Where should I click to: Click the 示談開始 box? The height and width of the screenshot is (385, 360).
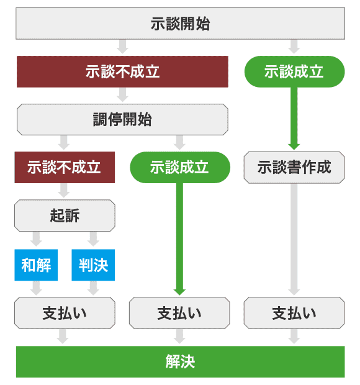pos(180,24)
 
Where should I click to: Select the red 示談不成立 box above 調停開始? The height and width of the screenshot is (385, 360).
pos(122,71)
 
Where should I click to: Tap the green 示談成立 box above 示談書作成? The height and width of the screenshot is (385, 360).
pos(294,71)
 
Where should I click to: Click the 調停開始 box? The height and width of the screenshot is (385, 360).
pos(122,119)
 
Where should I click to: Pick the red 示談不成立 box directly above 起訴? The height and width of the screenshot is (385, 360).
pos(65,167)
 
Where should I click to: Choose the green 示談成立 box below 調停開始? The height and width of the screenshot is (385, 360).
pos(180,167)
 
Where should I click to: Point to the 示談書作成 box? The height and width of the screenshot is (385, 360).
pos(294,167)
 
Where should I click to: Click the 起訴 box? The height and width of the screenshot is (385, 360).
pos(65,215)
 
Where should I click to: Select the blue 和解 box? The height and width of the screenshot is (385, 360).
pos(36,264)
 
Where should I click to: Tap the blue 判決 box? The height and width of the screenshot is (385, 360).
pos(93,264)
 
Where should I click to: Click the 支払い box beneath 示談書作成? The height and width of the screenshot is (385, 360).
pos(294,312)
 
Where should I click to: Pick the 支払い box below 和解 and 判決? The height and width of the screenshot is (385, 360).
pos(65,312)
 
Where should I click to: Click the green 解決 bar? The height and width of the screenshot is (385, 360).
pos(180,361)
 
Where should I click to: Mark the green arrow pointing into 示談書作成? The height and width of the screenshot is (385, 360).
pos(294,118)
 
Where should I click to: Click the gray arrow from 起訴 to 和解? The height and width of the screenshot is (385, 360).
pos(36,239)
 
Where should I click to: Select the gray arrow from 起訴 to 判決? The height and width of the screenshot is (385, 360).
pos(93,239)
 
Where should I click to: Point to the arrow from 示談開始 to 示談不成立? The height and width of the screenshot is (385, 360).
pos(122,47)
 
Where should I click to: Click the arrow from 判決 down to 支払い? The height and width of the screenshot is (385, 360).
pos(93,288)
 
